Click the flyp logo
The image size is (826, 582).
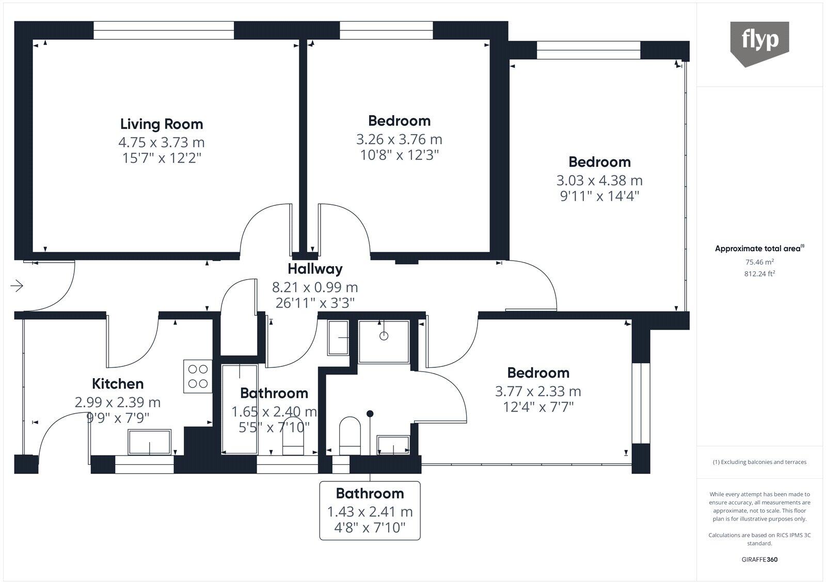[x=759, y=43]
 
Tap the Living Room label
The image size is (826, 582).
[x=162, y=124]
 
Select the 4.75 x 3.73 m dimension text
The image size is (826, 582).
[x=162, y=142]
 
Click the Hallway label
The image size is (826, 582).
[x=315, y=269]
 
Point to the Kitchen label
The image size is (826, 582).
[x=118, y=384]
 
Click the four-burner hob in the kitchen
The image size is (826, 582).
[x=198, y=376]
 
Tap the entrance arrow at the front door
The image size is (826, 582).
[x=17, y=286]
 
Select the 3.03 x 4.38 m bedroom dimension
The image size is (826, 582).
[x=599, y=180]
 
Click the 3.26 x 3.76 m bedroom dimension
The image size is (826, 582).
[x=399, y=139]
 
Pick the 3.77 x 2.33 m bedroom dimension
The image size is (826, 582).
[x=538, y=391]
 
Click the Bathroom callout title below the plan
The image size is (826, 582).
[x=370, y=494]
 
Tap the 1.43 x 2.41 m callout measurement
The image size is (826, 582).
[x=370, y=512]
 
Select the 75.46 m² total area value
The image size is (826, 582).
[x=759, y=262]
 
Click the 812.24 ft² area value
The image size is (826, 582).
[x=759, y=273]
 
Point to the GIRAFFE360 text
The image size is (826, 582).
[x=759, y=559]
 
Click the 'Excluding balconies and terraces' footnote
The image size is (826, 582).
[x=759, y=462]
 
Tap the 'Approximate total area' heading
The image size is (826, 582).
[x=759, y=248]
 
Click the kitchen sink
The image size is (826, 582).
[x=149, y=442]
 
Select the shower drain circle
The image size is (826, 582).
[x=384, y=336]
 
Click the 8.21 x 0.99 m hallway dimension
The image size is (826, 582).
[x=315, y=287]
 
